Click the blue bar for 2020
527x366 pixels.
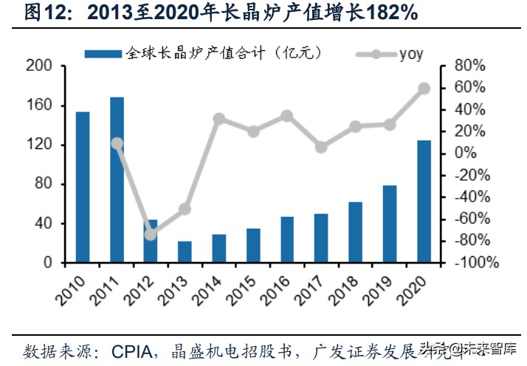pos(424,201)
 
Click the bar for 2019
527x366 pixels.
pos(390,224)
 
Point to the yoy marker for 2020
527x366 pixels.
pos(424,89)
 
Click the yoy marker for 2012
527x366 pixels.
pos(151,234)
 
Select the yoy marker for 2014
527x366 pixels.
pos(219,118)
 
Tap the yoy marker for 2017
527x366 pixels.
pos(321,147)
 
